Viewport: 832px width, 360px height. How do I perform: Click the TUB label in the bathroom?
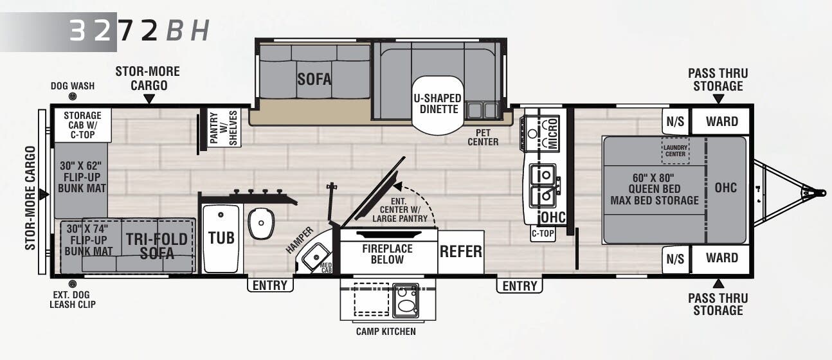[221, 238]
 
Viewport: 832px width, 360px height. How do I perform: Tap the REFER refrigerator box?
[461, 252]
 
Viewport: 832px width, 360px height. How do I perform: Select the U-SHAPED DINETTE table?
[438, 105]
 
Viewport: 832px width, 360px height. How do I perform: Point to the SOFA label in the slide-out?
[314, 79]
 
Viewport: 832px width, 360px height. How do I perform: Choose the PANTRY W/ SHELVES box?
[224, 127]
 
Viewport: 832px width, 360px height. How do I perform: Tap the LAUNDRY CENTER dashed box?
[675, 150]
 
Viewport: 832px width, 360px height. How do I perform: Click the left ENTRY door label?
[270, 285]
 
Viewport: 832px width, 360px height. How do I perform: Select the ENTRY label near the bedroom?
[520, 286]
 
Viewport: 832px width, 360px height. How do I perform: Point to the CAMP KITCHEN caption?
[386, 332]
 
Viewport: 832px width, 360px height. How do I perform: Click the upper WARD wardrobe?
[721, 121]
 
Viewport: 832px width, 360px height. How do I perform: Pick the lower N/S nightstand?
[675, 259]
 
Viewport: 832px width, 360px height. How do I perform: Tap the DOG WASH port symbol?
[73, 96]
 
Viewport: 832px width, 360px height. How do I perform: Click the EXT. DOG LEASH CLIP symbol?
[73, 284]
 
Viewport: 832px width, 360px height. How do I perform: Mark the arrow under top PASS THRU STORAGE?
[719, 99]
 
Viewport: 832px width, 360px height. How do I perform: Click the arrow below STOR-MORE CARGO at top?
[149, 99]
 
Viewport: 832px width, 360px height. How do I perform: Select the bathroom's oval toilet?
[261, 223]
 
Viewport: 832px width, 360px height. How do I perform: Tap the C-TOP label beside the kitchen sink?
[543, 233]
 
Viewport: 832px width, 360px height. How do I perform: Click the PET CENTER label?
[483, 138]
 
